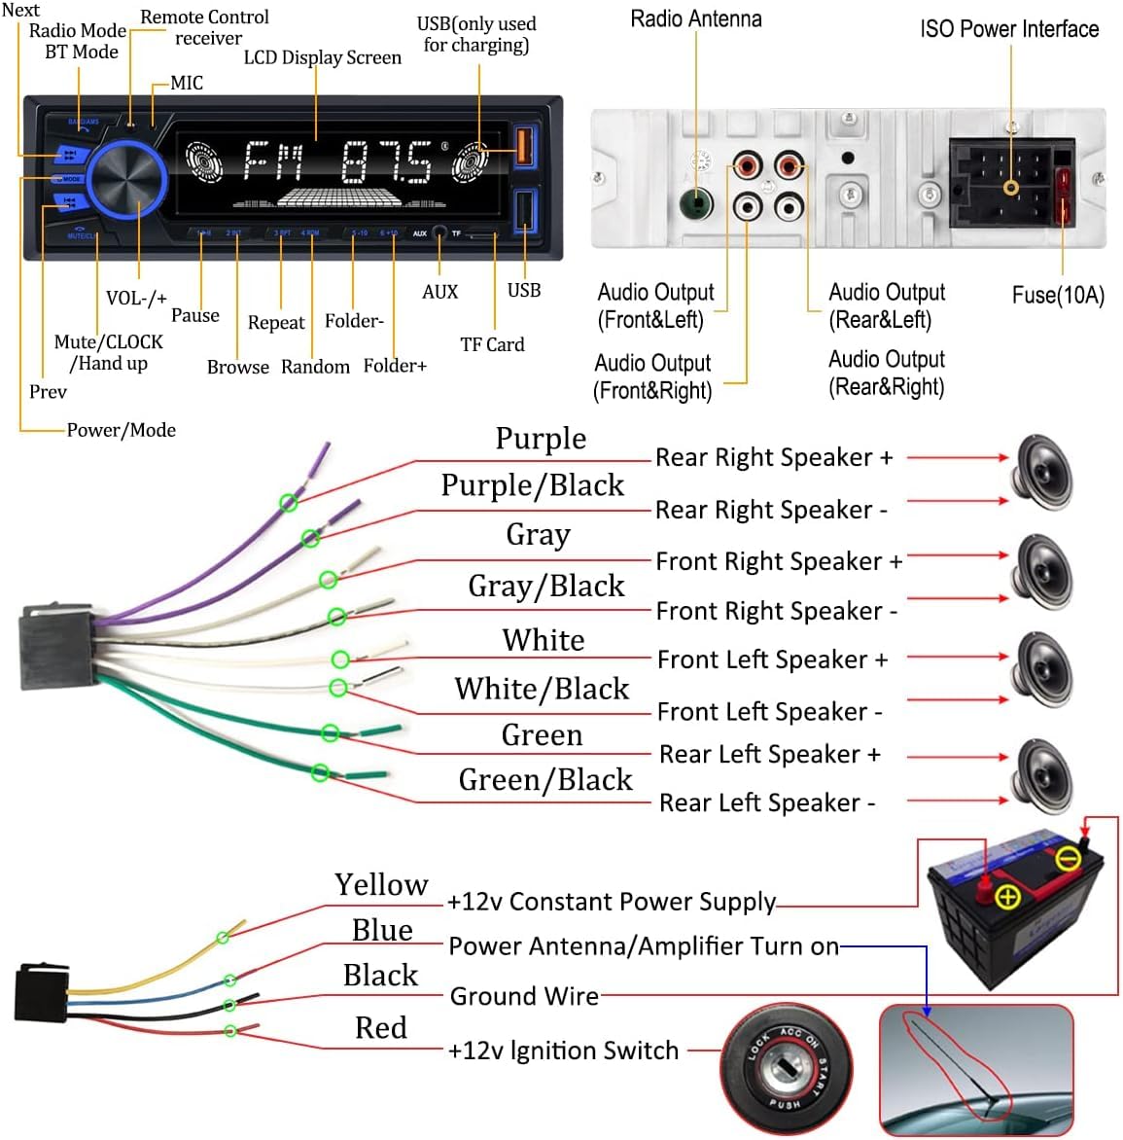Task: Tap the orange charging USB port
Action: (x=524, y=145)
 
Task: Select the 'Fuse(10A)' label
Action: (x=1058, y=295)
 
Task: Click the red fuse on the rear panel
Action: (x=1063, y=197)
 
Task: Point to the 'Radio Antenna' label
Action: (x=696, y=18)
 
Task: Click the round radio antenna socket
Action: (x=695, y=204)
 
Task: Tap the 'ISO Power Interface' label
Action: (x=1009, y=29)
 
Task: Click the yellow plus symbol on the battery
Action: (x=1007, y=897)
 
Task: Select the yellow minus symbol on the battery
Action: (x=1068, y=859)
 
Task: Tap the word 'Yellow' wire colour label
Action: (x=381, y=884)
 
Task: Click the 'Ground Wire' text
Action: (x=524, y=996)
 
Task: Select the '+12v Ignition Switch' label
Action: (x=563, y=1051)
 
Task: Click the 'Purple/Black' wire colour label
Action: (x=532, y=484)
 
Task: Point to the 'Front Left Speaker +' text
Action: (x=772, y=659)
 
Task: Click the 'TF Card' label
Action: (x=492, y=344)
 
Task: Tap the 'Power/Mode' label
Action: (x=121, y=430)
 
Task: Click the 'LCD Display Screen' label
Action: (x=322, y=57)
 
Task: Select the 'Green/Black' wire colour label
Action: (x=544, y=779)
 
